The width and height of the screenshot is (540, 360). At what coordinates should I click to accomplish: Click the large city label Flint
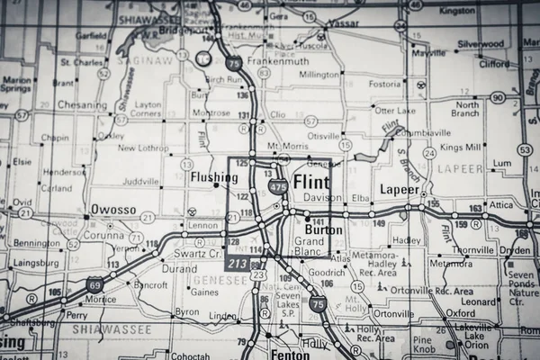coord(312,182)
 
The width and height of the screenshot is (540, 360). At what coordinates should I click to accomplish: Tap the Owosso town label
coord(113,209)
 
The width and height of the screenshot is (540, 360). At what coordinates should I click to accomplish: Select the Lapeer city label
coord(400,190)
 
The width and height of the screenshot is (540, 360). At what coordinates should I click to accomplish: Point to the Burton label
coord(324,229)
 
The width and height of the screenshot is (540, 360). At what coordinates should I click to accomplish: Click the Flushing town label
coord(214,178)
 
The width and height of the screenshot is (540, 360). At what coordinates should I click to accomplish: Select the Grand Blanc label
coord(310,247)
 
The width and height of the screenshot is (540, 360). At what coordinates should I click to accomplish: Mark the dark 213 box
coord(238,263)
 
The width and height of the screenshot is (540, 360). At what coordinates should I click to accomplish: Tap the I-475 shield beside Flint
coord(279,187)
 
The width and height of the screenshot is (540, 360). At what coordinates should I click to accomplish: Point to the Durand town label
coord(178,268)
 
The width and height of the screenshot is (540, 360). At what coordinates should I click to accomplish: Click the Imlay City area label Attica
coord(500,205)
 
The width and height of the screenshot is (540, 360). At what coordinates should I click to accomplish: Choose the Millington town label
coord(319,75)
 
